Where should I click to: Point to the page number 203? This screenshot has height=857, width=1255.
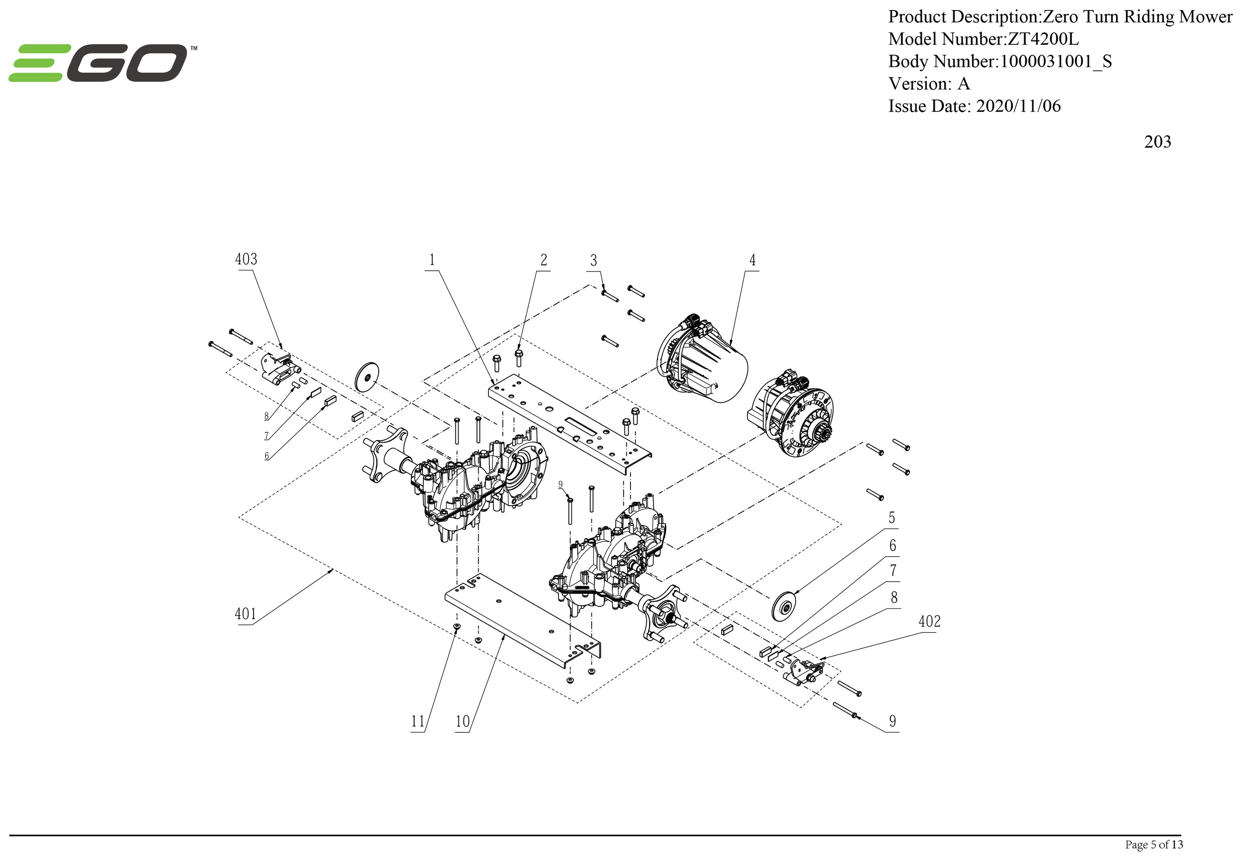coord(1157,142)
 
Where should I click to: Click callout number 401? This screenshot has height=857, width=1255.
coord(245,614)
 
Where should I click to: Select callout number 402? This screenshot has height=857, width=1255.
coord(930,621)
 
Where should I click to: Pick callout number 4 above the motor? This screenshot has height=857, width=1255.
coord(752,261)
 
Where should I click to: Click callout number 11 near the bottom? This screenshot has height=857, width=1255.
coord(417,721)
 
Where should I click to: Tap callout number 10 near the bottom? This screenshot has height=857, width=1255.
coord(462,721)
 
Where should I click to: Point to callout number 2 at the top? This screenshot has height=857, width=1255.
coord(544,261)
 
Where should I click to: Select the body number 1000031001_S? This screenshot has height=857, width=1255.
coord(1056,62)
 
